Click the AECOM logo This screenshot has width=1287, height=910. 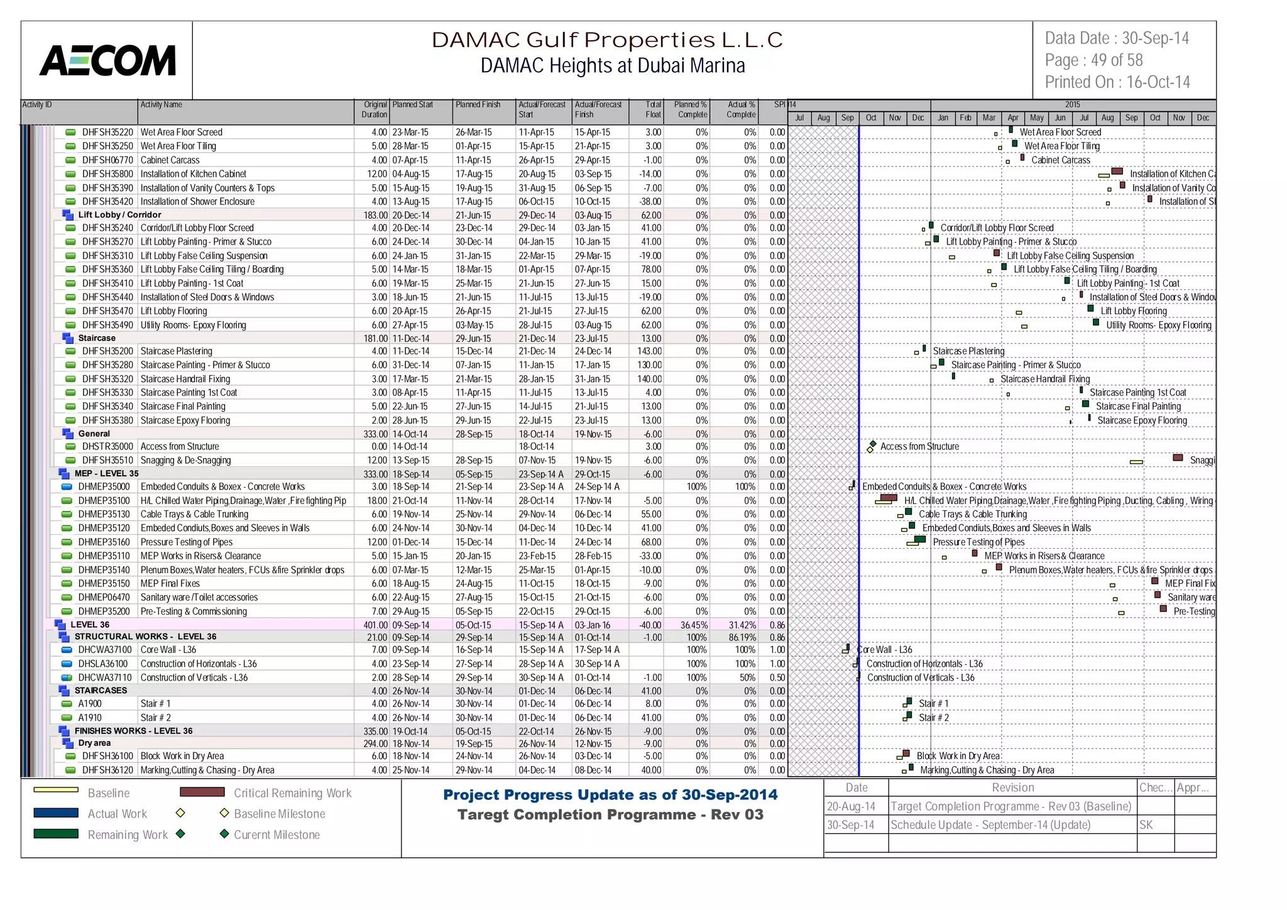tap(107, 61)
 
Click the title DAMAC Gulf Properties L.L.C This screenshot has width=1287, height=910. tap(606, 40)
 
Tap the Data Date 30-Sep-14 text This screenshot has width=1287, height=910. tap(1117, 38)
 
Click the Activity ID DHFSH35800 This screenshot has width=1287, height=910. tap(107, 174)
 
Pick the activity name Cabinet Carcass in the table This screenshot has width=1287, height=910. tap(170, 160)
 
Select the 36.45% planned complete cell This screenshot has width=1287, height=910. tap(693, 625)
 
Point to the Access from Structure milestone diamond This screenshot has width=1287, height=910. tap(873, 444)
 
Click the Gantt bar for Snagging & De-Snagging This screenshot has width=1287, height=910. tap(1178, 458)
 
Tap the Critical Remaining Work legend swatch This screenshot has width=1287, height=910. tap(202, 792)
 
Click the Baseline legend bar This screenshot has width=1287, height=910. tap(56, 790)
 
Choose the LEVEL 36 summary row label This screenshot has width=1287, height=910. tap(90, 625)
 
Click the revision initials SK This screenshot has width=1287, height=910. tap(1146, 825)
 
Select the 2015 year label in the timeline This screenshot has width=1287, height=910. tap(1072, 104)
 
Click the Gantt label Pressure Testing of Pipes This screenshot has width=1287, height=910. tap(978, 542)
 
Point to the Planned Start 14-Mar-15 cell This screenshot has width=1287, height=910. tap(410, 270)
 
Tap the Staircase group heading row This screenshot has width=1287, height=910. tap(97, 338)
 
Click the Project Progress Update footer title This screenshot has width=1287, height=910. tap(610, 795)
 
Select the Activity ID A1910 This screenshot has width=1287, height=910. tap(90, 718)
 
